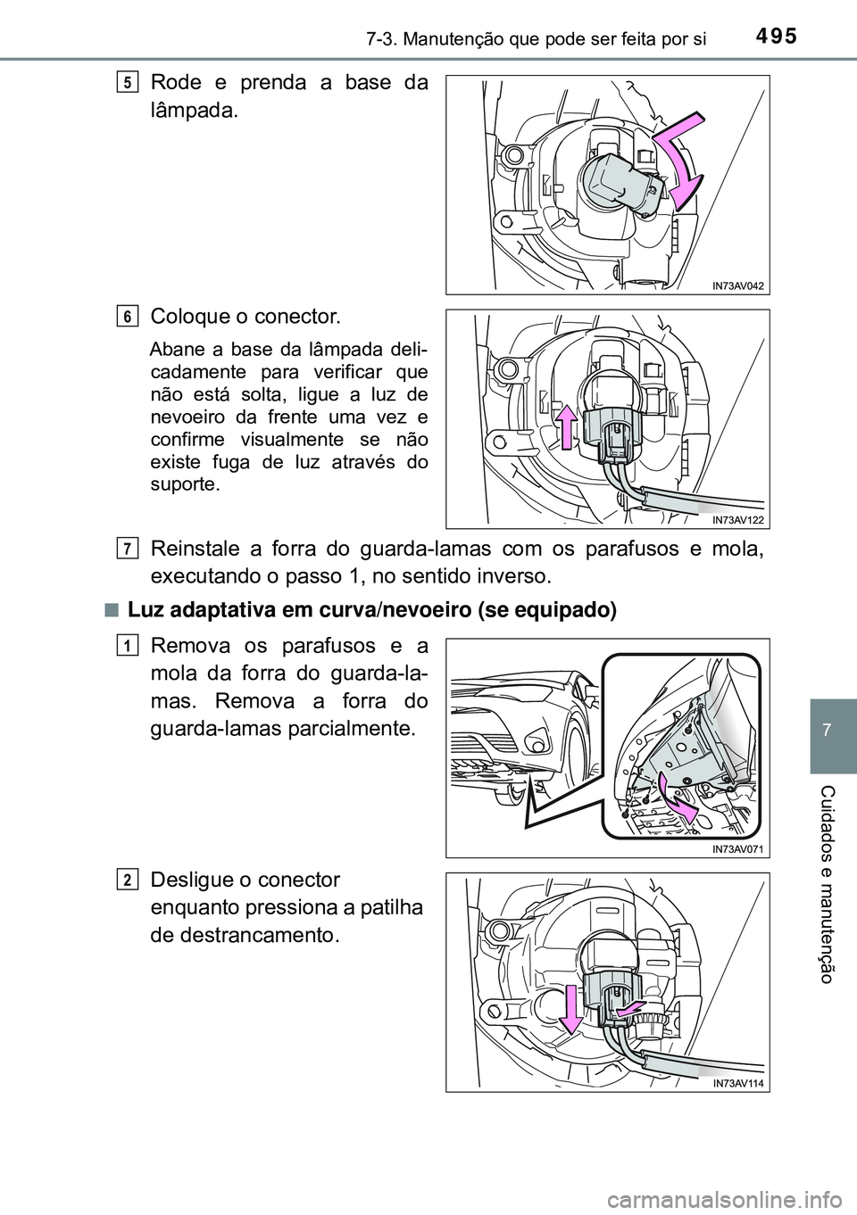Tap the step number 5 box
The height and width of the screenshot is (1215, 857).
pyautogui.click(x=129, y=82)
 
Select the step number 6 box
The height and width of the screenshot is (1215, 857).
pyautogui.click(x=129, y=316)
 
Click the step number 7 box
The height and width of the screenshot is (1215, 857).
pyautogui.click(x=129, y=545)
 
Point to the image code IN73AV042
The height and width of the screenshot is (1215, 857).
pyautogui.click(x=739, y=285)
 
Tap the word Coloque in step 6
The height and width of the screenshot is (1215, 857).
pyautogui.click(x=187, y=317)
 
